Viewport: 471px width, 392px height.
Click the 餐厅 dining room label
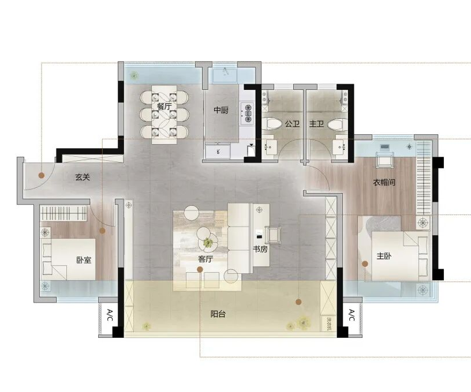click(x=165, y=106)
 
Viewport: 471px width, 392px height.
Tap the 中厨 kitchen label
click(x=221, y=110)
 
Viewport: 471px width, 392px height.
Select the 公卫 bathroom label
click(x=292, y=123)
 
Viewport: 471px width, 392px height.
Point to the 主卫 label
click(x=316, y=123)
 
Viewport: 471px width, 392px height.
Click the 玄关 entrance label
click(x=83, y=177)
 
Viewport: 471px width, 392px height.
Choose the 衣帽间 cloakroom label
click(x=384, y=182)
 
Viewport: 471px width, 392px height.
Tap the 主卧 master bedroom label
click(x=384, y=256)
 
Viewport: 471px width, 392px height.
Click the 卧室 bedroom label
click(x=84, y=260)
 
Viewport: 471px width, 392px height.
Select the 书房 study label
click(x=260, y=249)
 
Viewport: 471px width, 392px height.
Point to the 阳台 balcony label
click(x=218, y=314)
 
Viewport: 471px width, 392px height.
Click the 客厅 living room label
click(x=205, y=259)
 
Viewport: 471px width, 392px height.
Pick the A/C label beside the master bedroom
click(x=352, y=315)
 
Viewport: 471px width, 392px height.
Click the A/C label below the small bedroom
click(x=110, y=315)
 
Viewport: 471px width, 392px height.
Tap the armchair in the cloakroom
click(x=384, y=160)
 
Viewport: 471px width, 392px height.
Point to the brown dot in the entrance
click(x=42, y=175)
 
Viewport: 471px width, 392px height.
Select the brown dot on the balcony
click(x=298, y=302)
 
